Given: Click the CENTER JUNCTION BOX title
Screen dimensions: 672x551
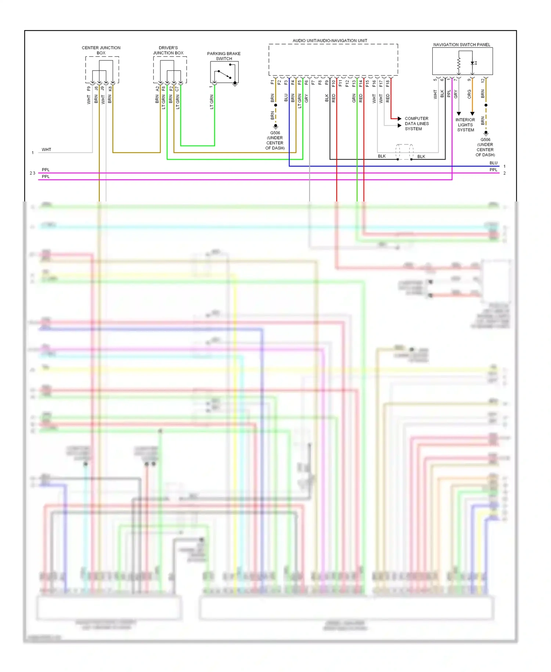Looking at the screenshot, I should click(x=101, y=50).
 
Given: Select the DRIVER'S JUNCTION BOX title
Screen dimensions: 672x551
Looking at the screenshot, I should click(x=168, y=50).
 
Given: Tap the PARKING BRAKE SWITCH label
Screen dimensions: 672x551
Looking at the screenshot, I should click(x=224, y=56).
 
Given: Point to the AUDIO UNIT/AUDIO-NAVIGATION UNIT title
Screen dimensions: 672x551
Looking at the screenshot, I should click(x=329, y=40).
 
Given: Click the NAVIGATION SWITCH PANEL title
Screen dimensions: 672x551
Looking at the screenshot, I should click(x=461, y=44).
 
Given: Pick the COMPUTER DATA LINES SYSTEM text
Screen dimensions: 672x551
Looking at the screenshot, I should click(x=417, y=124).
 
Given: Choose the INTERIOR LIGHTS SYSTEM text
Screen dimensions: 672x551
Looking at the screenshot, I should click(x=465, y=125).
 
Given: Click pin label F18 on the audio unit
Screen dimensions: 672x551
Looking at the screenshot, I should click(x=388, y=83).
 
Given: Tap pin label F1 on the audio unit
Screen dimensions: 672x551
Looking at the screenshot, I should click(x=272, y=82).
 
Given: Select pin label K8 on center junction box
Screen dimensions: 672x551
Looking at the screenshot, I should click(x=110, y=89).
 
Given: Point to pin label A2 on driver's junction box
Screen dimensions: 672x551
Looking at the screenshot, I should click(x=157, y=89).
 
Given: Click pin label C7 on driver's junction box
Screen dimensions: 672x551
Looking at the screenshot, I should click(x=177, y=89).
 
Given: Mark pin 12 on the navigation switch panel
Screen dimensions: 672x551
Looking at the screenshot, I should click(x=483, y=80).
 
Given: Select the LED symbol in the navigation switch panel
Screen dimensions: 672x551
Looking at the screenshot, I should click(x=473, y=63).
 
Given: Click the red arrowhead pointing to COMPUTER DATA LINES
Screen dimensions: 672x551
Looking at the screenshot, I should click(x=399, y=118).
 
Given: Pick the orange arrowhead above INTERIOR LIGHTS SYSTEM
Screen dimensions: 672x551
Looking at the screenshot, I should click(x=472, y=114).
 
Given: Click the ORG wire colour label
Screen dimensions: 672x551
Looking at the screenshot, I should click(x=469, y=94).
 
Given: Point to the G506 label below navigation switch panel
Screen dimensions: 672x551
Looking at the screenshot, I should click(x=485, y=140).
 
